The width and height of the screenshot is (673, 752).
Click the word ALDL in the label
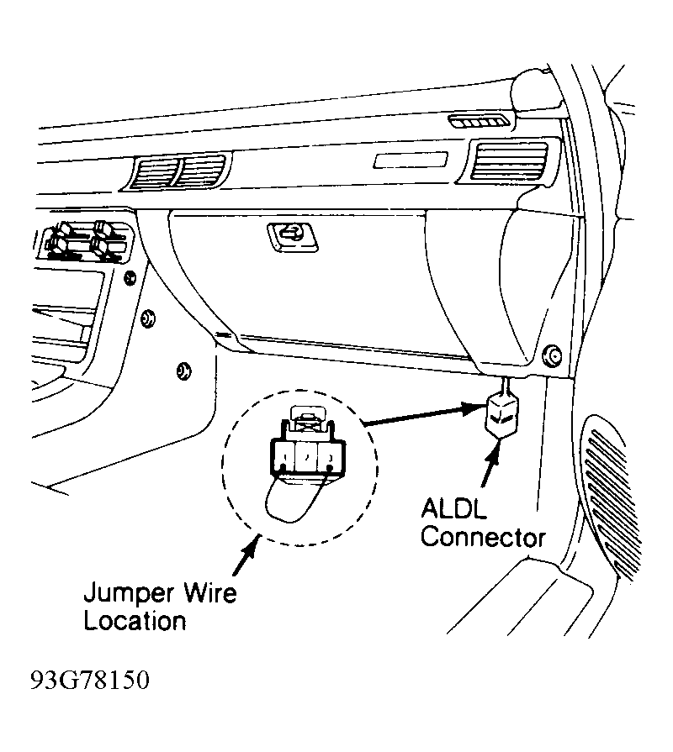point(453,509)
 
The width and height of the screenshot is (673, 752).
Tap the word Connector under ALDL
point(484,538)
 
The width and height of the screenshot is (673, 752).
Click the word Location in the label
point(135,621)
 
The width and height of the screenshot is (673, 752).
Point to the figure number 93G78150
point(90,680)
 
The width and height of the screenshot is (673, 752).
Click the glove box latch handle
point(293,237)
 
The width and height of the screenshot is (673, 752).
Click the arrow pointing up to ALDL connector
point(490,464)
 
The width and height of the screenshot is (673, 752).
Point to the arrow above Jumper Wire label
point(246,555)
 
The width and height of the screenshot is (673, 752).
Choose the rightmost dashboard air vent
point(509,160)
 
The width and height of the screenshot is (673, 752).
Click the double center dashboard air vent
point(178,171)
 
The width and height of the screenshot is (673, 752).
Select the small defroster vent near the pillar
point(479,122)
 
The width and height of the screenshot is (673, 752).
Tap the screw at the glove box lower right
point(553,356)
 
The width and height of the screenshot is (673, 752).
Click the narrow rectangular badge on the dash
point(411,160)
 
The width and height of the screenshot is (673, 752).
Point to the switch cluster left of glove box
point(85,241)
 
